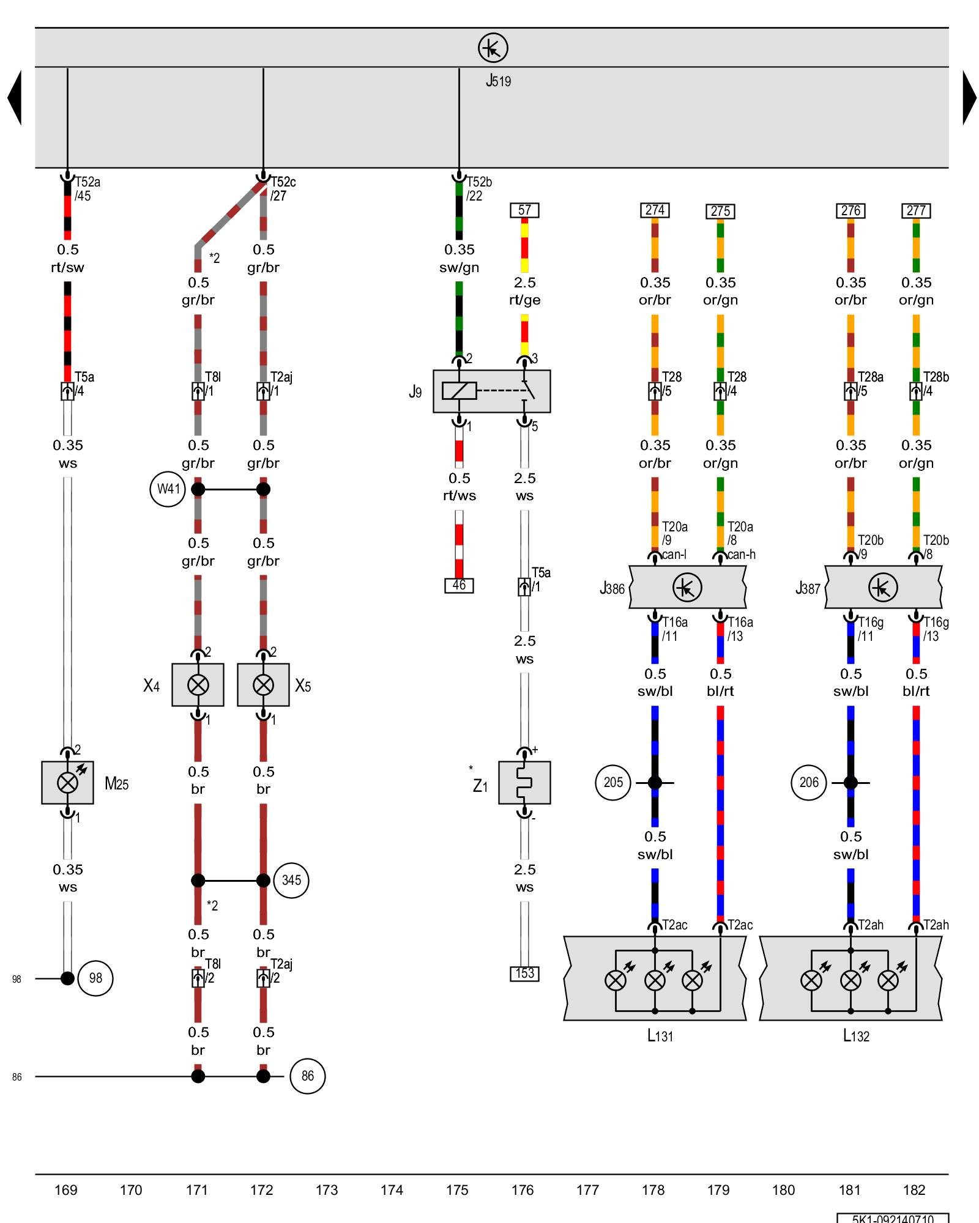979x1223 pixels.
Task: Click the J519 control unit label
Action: click(x=498, y=81)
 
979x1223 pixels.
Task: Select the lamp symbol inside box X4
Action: click(x=198, y=685)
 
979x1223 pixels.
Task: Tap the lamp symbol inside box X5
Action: click(x=263, y=685)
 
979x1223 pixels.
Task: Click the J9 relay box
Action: click(x=491, y=391)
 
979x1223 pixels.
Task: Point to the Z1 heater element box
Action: click(x=524, y=782)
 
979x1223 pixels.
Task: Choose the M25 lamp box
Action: click(x=67, y=782)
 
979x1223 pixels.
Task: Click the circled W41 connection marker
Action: click(x=168, y=489)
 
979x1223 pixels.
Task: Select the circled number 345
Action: click(x=291, y=881)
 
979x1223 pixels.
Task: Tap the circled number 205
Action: click(x=613, y=782)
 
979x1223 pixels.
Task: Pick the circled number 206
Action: click(x=809, y=782)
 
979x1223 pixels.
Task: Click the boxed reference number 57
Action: click(x=524, y=210)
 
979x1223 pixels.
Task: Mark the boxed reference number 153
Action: click(x=524, y=974)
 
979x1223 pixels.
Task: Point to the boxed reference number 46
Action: click(x=459, y=585)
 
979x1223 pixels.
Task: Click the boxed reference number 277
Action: click(x=916, y=211)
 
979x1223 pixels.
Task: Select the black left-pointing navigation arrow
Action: click(x=15, y=98)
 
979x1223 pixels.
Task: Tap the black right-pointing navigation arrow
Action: click(x=969, y=98)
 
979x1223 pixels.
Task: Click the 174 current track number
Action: click(x=392, y=1190)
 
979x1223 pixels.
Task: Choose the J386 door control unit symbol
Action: click(x=687, y=588)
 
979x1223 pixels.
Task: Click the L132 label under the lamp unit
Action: click(x=856, y=1036)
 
